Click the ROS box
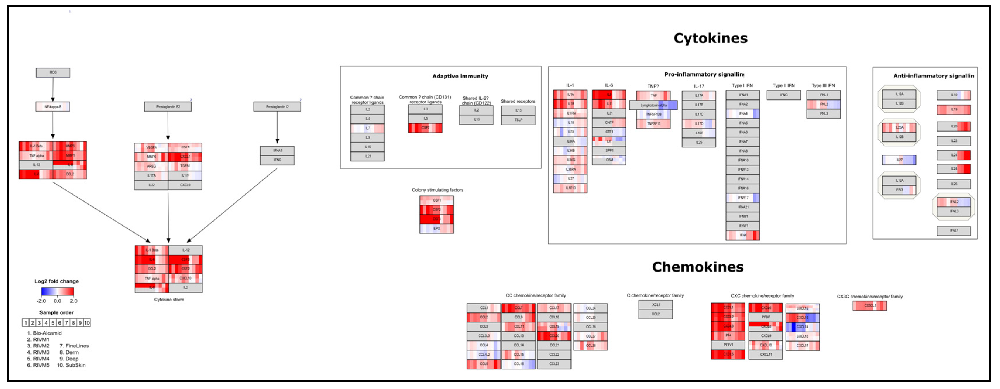click(x=53, y=72)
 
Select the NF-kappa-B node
click(x=53, y=107)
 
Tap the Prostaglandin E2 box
click(x=168, y=107)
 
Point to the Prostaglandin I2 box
click(x=277, y=107)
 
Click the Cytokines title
click(x=710, y=38)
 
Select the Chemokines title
click(x=698, y=267)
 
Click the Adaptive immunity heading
click(x=460, y=76)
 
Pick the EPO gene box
click(x=437, y=229)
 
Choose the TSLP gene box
click(x=518, y=120)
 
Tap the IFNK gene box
click(x=743, y=235)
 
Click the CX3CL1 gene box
click(x=870, y=306)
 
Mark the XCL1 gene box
click(x=656, y=305)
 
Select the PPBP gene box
click(x=765, y=317)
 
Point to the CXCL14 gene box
click(x=802, y=326)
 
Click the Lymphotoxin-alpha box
click(x=653, y=105)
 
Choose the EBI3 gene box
click(x=899, y=190)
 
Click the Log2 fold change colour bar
click(x=57, y=292)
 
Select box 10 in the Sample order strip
click(x=87, y=323)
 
